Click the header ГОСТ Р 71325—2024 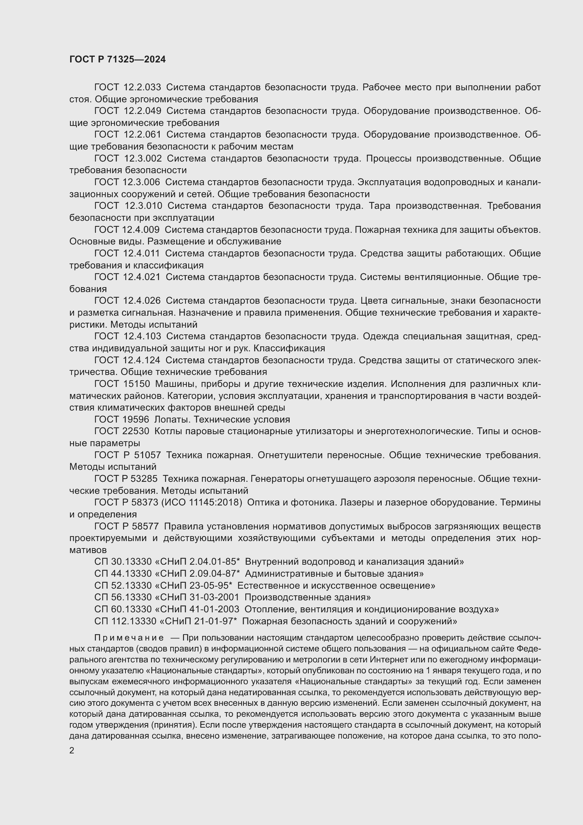tap(117, 60)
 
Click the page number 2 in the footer tap(72, 751)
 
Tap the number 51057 tap(147, 455)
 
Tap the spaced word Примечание tap(129, 638)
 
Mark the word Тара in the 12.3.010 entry tap(380, 206)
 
